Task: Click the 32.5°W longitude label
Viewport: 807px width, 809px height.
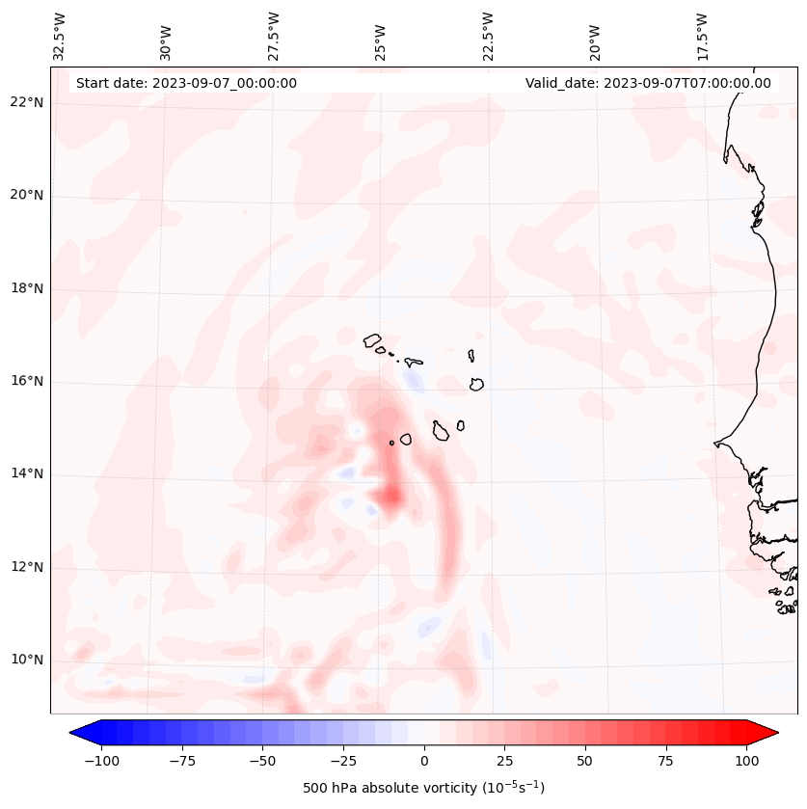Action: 60,36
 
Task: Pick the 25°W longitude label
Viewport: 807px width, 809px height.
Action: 382,36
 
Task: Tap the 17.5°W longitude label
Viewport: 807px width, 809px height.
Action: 702,36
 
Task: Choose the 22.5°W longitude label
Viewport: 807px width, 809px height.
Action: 488,36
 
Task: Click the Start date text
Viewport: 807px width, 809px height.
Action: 186,83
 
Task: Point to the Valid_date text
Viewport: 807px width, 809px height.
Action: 648,83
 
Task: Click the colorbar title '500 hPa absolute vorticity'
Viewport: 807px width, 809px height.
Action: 423,789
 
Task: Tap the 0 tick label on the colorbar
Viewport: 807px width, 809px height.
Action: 424,760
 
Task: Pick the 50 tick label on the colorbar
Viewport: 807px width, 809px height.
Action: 585,760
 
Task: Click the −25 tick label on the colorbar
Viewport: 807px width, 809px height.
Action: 343,760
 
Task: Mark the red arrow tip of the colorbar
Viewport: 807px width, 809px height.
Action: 776,733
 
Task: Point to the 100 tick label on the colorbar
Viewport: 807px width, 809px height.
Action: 745,760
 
